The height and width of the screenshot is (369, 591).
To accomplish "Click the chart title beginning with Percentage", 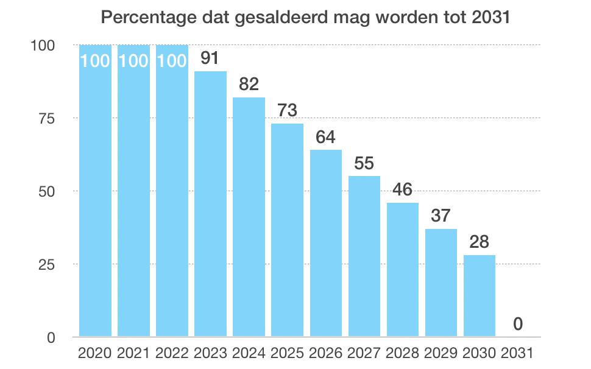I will (305, 17).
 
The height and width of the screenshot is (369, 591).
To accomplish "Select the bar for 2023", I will (210, 204).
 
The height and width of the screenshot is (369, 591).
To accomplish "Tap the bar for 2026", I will (325, 244).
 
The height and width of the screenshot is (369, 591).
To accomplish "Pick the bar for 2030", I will (480, 295).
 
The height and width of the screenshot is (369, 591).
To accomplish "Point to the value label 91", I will (210, 58).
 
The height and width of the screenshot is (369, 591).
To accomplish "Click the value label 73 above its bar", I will (287, 111).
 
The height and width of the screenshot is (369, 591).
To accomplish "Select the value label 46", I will (403, 189).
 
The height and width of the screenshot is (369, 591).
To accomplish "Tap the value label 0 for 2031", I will (518, 324).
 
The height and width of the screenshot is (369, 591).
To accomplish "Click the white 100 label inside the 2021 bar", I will (133, 61).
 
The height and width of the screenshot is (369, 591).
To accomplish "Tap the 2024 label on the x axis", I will (249, 353).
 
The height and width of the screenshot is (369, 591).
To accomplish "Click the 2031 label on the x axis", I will (518, 353).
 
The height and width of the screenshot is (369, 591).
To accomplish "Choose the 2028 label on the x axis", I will (403, 353).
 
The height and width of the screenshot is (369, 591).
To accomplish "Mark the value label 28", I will (480, 242).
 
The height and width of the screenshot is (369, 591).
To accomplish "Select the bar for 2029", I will (441, 283).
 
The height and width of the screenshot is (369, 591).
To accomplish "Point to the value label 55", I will (364, 163).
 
